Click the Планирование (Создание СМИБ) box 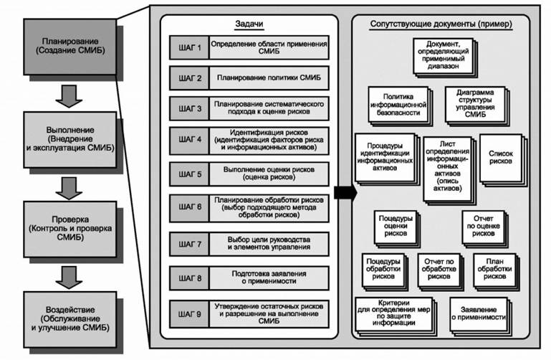[69, 47]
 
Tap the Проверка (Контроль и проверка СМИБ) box [69, 223]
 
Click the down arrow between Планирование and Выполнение [69, 94]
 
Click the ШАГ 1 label [189, 49]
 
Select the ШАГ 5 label [189, 174]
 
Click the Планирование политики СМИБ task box [269, 77]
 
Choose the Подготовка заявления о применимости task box [269, 278]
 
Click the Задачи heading [248, 24]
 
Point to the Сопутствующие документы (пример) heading [441, 24]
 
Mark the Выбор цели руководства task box [269, 243]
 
